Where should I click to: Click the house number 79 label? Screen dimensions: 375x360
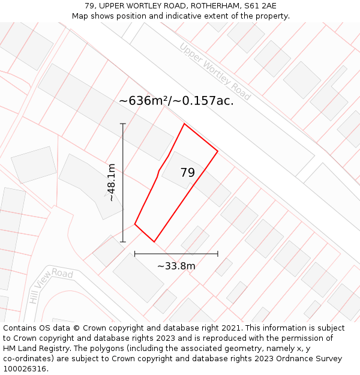[x=187, y=173]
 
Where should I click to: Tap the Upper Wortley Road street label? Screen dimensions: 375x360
[x=215, y=71]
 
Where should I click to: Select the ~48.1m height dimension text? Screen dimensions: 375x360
[x=111, y=183]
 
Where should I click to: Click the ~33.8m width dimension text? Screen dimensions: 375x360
[x=176, y=266]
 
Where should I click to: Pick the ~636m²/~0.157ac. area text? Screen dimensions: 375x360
[x=176, y=101]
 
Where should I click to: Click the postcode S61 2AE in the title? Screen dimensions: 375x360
[x=260, y=6]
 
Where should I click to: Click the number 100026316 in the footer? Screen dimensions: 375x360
[x=25, y=369]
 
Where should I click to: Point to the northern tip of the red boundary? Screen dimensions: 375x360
[x=184, y=124]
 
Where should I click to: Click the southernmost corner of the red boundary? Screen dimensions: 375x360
[x=154, y=242]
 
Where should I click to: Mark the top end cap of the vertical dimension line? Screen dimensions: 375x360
[x=123, y=124]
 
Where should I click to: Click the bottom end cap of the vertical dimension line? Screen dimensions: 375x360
[x=123, y=242]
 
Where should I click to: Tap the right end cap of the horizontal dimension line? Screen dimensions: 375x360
[x=218, y=254]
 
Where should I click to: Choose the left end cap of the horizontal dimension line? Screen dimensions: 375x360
[x=135, y=254]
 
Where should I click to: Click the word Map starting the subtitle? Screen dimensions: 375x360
[x=80, y=16]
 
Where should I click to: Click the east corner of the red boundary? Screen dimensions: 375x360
[x=217, y=151]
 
